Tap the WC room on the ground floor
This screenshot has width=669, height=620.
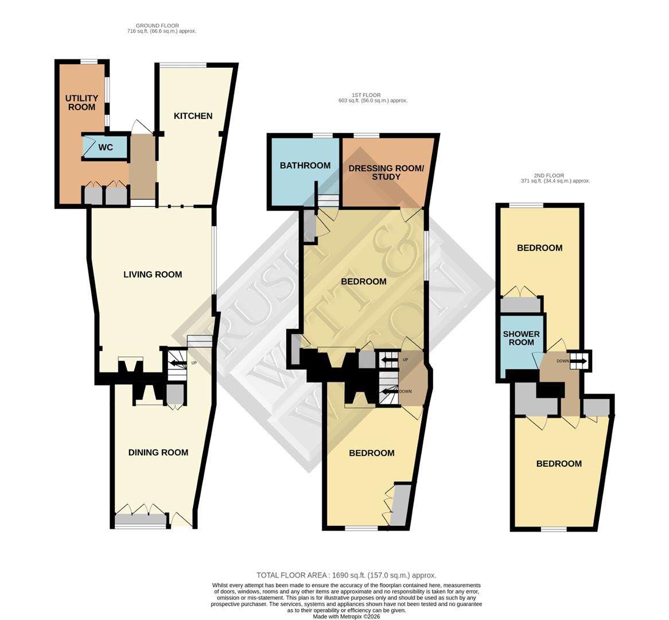tap(106, 148)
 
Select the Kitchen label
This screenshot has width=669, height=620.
tap(193, 116)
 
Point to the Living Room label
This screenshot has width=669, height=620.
tap(153, 274)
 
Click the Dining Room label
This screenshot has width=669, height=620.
tap(158, 452)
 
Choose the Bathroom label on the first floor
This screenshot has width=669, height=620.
tap(305, 165)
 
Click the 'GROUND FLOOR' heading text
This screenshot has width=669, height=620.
tap(157, 26)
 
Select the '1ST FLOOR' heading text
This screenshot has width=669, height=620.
tap(366, 95)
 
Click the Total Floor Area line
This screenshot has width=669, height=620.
tap(346, 575)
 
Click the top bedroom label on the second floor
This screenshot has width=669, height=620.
tap(539, 248)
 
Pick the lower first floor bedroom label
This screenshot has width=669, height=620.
tap(372, 453)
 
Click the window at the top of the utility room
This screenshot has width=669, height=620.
tap(88, 61)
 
